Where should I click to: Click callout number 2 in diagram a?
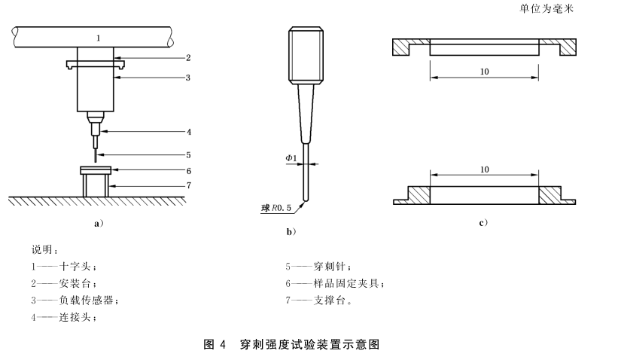coord(188,57)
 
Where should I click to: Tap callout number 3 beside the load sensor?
coord(188,77)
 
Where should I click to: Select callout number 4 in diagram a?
coord(188,131)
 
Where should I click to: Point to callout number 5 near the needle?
coord(188,154)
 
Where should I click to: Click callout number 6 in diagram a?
coord(188,170)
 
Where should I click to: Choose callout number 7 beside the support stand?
coord(188,185)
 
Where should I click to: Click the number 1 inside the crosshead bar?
coord(97,37)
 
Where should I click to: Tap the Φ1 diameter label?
coord(291,159)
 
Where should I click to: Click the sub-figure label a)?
coord(97,223)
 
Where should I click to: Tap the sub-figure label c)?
coord(483,223)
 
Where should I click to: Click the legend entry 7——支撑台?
coord(318,301)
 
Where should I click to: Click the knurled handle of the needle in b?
coord(306,56)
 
